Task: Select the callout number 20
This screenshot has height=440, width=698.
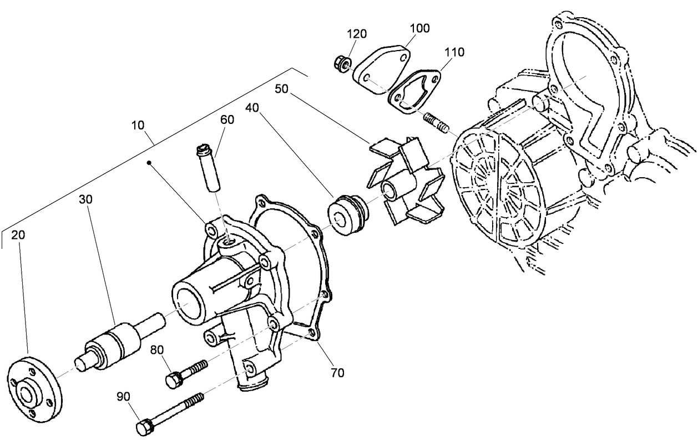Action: click(x=18, y=235)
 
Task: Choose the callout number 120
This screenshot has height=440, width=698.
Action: click(x=357, y=34)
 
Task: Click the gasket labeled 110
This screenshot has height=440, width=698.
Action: click(x=414, y=92)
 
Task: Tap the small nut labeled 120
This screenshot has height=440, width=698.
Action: click(x=341, y=63)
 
